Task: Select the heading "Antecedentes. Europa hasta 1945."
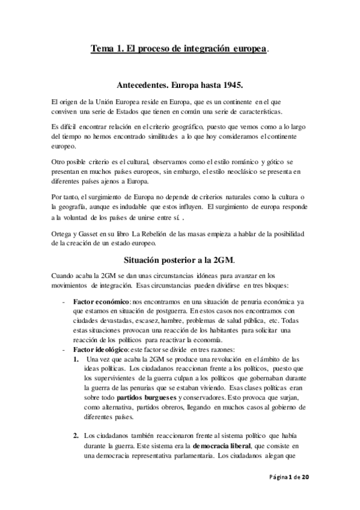click(180, 85)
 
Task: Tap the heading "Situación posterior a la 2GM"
click(178, 260)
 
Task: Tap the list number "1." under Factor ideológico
click(76, 360)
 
